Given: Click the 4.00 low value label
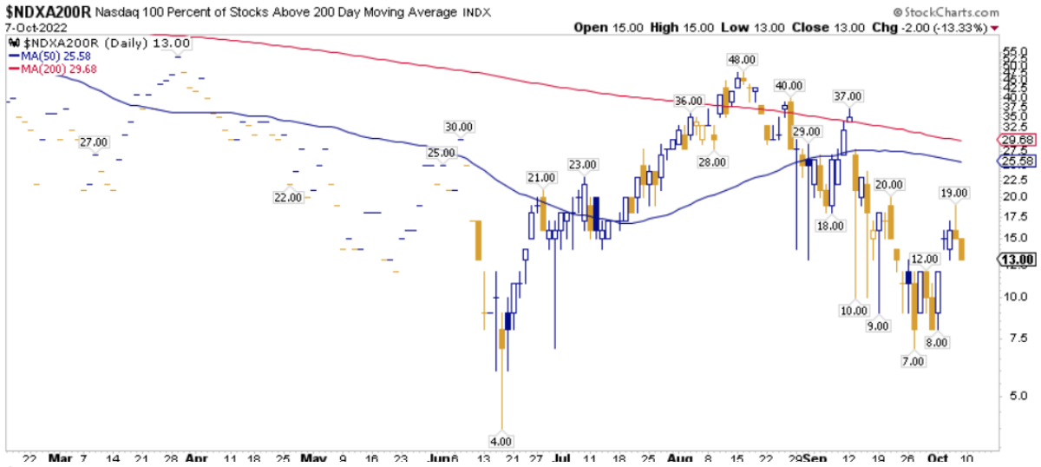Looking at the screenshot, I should pyautogui.click(x=502, y=440).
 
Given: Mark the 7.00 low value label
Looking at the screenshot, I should pyautogui.click(x=912, y=360).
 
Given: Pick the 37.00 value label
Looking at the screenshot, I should pyautogui.click(x=848, y=95).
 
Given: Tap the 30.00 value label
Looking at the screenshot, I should pyautogui.click(x=460, y=126).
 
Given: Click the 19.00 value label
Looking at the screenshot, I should pyautogui.click(x=955, y=192).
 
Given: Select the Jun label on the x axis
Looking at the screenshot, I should pyautogui.click(x=441, y=458).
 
